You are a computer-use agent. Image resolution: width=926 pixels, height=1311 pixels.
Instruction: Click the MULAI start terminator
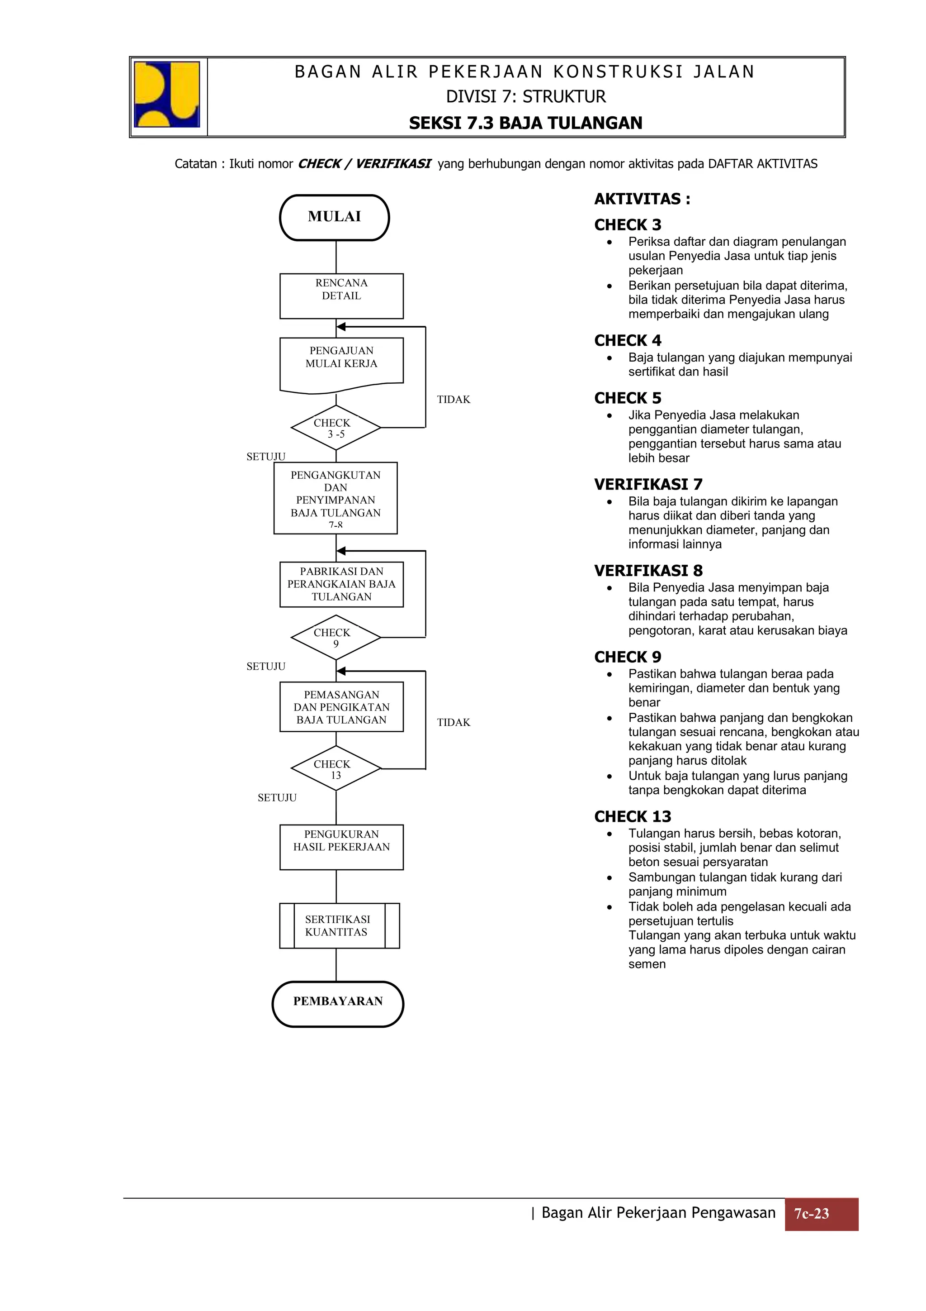[334, 218]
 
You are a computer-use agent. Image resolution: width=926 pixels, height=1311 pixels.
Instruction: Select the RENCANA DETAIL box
[341, 296]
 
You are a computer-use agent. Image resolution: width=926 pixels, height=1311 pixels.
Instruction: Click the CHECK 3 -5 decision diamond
[335, 428]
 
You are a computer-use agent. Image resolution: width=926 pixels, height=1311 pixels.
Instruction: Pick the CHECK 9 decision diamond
[335, 637]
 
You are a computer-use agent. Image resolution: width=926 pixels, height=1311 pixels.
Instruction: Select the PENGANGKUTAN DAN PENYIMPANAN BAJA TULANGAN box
[335, 498]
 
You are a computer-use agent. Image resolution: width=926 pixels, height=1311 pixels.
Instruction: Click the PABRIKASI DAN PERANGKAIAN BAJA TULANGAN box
[341, 584]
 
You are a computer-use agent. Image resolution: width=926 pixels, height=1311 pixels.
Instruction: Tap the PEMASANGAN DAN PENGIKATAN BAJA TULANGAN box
[341, 707]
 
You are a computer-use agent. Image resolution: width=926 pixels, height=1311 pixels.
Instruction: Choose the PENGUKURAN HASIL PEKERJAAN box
[341, 847]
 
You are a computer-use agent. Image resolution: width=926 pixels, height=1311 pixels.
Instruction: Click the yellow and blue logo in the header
[166, 94]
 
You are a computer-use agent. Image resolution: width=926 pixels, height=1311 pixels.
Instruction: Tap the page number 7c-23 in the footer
[821, 1214]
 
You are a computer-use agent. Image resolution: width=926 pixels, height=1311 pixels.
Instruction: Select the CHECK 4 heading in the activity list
[628, 340]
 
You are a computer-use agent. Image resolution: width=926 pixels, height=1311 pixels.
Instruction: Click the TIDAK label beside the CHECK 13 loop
[454, 722]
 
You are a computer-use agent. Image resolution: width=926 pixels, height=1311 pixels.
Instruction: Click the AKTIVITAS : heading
[642, 199]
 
